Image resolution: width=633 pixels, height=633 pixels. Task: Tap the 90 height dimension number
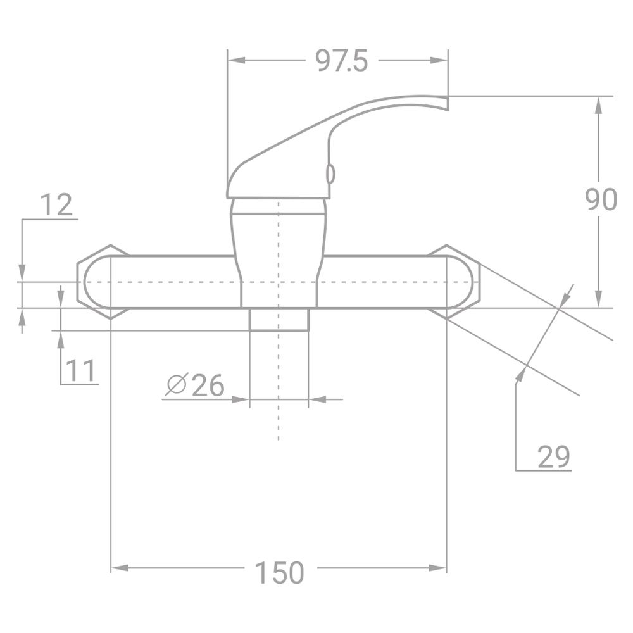click(x=599, y=200)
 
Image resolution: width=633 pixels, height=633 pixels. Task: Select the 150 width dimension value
click(x=279, y=573)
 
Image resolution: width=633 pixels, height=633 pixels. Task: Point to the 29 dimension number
click(x=554, y=456)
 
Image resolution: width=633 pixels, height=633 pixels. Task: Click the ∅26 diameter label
click(x=195, y=385)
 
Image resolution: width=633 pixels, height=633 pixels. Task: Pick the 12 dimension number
click(x=56, y=205)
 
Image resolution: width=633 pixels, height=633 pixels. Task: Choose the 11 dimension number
click(x=81, y=370)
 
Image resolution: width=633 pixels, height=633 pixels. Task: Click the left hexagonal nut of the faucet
click(x=94, y=282)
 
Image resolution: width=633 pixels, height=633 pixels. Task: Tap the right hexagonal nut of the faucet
click(x=462, y=282)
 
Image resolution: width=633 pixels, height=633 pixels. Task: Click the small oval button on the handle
click(x=329, y=173)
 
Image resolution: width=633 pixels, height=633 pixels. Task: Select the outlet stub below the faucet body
click(x=279, y=319)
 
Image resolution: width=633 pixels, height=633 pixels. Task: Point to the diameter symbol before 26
click(x=175, y=385)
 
